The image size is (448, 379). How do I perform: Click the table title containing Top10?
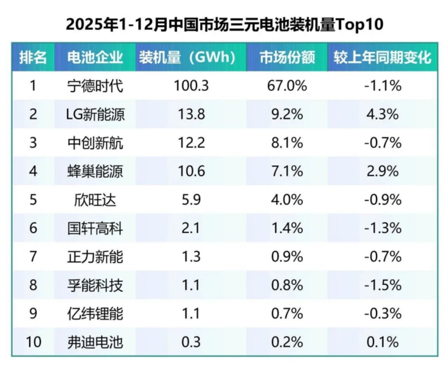pyautogui.click(x=224, y=25)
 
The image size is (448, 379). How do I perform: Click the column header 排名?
pyautogui.click(x=33, y=58)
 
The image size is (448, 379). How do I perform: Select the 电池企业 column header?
pyautogui.click(x=95, y=58)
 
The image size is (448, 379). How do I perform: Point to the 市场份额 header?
pyautogui.click(x=287, y=58)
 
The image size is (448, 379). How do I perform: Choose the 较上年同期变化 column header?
pyautogui.click(x=383, y=58)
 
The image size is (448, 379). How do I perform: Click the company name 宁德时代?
pyautogui.click(x=95, y=86)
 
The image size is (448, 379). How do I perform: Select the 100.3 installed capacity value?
pyautogui.click(x=191, y=86)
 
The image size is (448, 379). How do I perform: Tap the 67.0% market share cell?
pyautogui.click(x=287, y=86)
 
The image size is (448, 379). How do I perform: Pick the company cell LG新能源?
pyautogui.click(x=95, y=114)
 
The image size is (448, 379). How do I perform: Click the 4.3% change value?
pyautogui.click(x=383, y=114)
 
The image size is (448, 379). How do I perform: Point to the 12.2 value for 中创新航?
pyautogui.click(x=191, y=143)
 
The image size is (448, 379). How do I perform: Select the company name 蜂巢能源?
pyautogui.click(x=95, y=171)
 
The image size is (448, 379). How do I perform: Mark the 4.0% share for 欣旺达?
pyautogui.click(x=287, y=200)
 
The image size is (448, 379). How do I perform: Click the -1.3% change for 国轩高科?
pyautogui.click(x=383, y=228)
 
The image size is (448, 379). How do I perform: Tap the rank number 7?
pyautogui.click(x=33, y=257)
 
